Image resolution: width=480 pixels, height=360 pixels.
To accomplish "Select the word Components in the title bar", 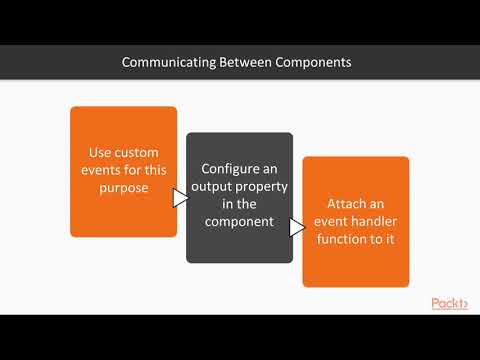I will point(315,62).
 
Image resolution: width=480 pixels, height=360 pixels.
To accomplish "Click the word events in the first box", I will point(103,170).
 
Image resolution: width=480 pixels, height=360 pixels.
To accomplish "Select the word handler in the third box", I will point(371,219).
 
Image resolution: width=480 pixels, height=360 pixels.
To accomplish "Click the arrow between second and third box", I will point(297,228).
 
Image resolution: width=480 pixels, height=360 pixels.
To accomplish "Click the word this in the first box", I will point(156,170).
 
